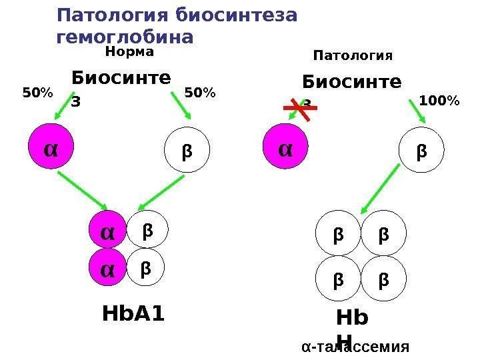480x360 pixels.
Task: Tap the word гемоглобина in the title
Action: (x=126, y=36)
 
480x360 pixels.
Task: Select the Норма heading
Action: (x=130, y=51)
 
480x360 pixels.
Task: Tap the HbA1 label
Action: (x=133, y=313)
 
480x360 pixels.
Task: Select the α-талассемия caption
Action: (x=354, y=347)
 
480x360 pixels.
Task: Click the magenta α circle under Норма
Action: (x=49, y=148)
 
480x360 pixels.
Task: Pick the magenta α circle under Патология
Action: (x=285, y=148)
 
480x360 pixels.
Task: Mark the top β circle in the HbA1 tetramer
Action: (x=147, y=231)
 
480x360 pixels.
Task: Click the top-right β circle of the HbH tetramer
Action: (x=383, y=235)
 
